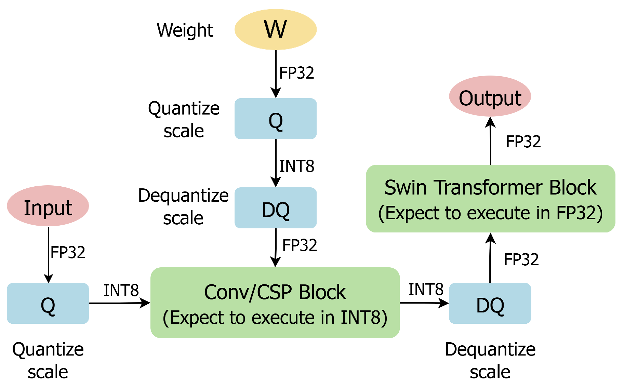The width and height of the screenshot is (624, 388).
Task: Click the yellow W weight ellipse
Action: point(275,29)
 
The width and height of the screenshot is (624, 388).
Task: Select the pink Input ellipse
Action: point(48,206)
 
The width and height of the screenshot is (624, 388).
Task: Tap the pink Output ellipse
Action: point(490,96)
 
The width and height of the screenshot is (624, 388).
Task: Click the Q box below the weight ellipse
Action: point(275,119)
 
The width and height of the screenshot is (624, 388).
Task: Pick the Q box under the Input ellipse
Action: point(48,303)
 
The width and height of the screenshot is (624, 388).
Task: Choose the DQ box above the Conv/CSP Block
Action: point(275,208)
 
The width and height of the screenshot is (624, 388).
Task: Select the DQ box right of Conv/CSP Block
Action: point(490,303)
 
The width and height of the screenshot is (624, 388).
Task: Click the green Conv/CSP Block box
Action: point(275,303)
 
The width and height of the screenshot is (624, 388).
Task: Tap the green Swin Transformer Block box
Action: point(490,199)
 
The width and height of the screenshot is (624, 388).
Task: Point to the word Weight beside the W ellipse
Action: point(185,30)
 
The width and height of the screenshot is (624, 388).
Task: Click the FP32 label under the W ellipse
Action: point(296,73)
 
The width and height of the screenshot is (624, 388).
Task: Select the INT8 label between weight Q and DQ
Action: point(296,166)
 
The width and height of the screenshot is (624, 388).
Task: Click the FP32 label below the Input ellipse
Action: point(68,253)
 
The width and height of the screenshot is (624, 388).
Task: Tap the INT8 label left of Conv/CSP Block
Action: point(121,291)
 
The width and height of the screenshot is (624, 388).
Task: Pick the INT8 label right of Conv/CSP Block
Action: point(426,290)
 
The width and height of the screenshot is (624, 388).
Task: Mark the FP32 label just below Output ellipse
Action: point(523,142)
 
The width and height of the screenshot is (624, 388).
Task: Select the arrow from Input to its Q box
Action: point(49,255)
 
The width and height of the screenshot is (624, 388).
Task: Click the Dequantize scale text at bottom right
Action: point(490,361)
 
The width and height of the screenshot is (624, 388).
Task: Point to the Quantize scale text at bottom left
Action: point(48,361)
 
